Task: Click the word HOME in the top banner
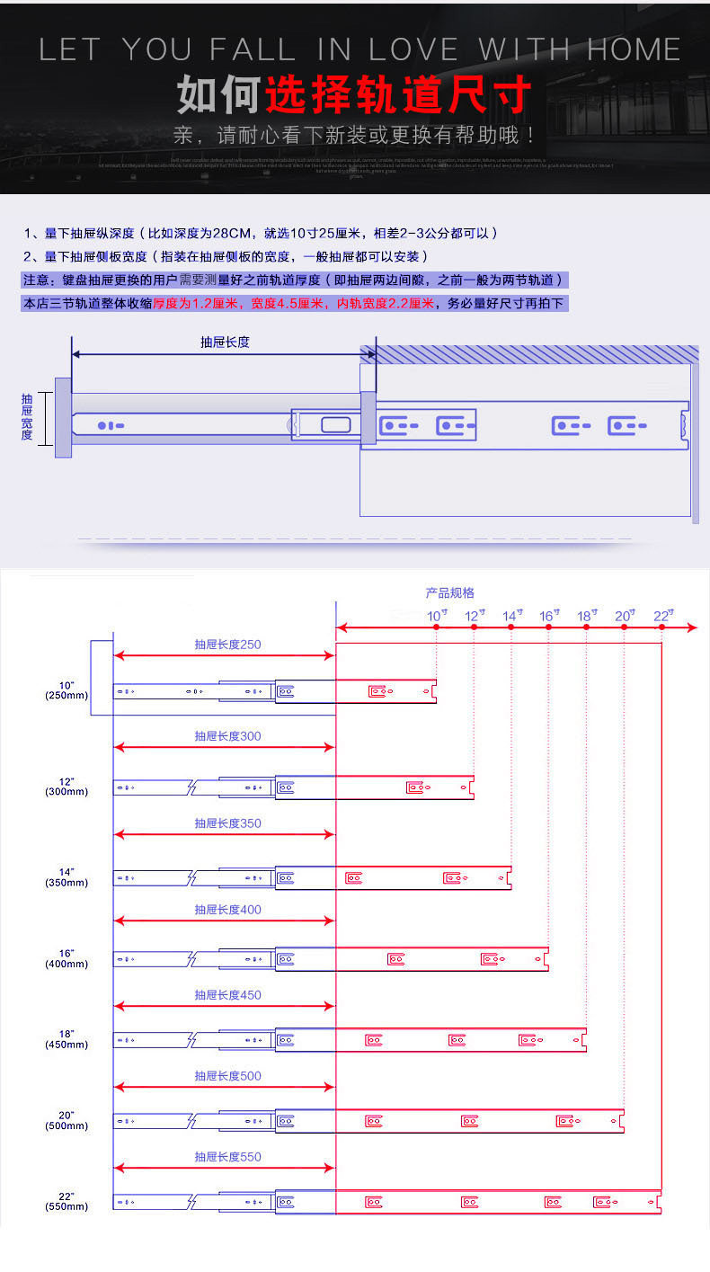click(x=634, y=49)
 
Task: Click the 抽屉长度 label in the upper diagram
click(x=225, y=342)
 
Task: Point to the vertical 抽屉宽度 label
click(x=27, y=416)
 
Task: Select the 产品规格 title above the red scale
click(x=449, y=593)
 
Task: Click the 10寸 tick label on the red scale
click(x=437, y=616)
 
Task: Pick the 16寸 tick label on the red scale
click(x=549, y=616)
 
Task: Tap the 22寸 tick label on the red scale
click(x=663, y=616)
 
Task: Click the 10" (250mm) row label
click(x=67, y=690)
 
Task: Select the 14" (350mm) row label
click(x=67, y=877)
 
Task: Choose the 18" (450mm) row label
click(x=67, y=1039)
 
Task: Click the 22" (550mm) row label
click(x=67, y=1201)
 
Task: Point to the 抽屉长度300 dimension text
click(x=228, y=736)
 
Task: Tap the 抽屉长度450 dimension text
click(x=228, y=995)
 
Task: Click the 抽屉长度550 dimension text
click(x=228, y=1157)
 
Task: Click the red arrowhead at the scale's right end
click(x=691, y=627)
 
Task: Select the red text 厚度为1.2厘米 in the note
click(x=195, y=304)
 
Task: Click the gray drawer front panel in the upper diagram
click(x=63, y=417)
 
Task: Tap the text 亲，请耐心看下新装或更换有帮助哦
click(x=355, y=136)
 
